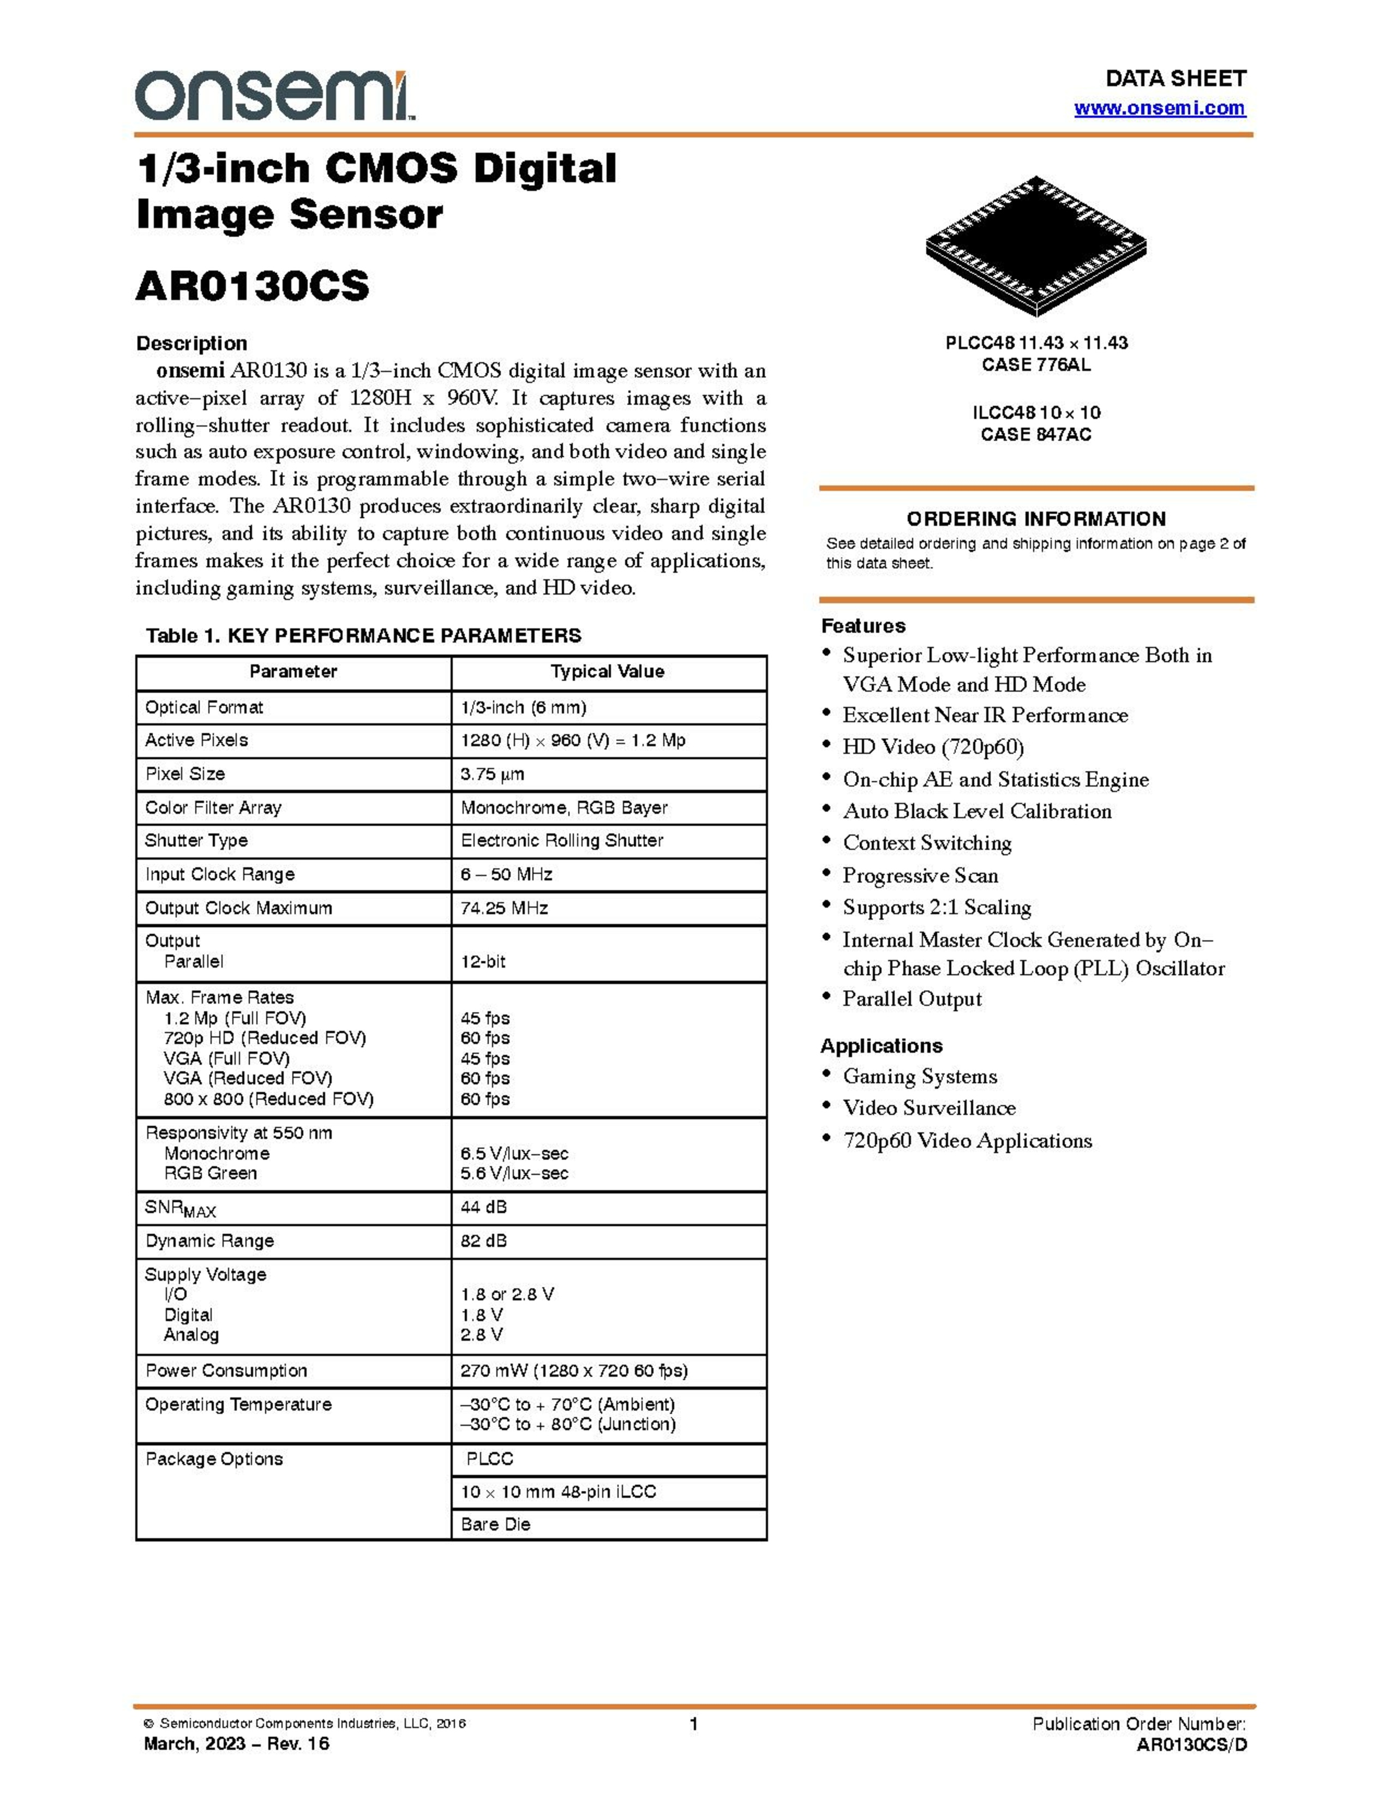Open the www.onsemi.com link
[1159, 108]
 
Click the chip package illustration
[1036, 245]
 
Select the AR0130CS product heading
[252, 286]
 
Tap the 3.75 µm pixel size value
[492, 774]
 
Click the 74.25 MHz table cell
[505, 908]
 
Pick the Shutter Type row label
[196, 841]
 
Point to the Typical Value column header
[607, 671]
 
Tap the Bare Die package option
[495, 1524]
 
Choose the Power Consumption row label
[226, 1371]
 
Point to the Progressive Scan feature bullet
[920, 875]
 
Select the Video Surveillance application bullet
[929, 1108]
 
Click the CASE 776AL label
[1036, 364]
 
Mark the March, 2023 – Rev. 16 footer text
[237, 1743]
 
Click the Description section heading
[191, 343]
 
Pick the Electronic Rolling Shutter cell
[562, 841]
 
